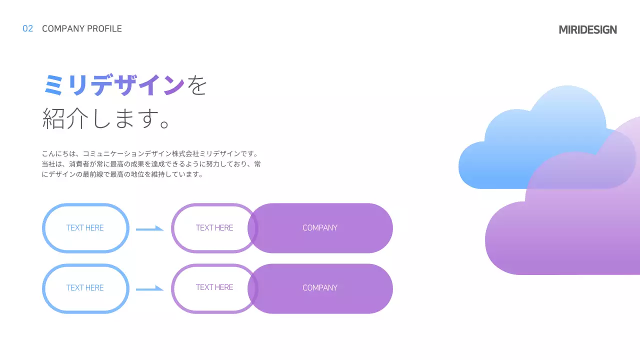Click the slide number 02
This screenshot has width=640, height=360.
(28, 29)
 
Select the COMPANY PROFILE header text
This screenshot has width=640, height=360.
(82, 29)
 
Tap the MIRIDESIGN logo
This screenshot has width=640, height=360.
(587, 29)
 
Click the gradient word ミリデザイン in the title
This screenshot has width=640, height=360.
(114, 85)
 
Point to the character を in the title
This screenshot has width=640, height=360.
(197, 85)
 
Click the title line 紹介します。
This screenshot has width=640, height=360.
(107, 118)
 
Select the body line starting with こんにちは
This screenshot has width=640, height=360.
(150, 153)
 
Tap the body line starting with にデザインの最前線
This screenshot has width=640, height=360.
(122, 174)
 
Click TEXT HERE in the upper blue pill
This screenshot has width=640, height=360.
(85, 228)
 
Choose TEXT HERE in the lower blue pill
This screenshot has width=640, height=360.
(85, 288)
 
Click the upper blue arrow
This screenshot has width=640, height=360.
(149, 228)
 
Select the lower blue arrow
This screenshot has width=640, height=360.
(149, 288)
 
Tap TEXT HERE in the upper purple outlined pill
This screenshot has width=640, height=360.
(214, 228)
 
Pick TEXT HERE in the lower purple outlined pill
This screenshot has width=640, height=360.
(214, 287)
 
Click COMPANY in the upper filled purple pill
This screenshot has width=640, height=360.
(320, 228)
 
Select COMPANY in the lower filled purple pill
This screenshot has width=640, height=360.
(320, 288)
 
